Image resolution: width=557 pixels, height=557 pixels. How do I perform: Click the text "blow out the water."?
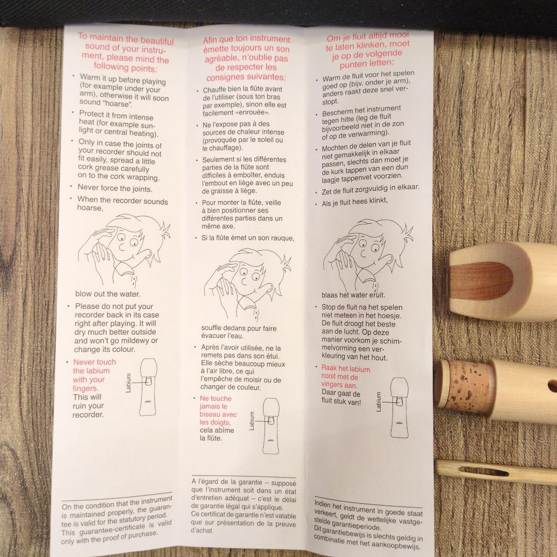[x=108, y=294]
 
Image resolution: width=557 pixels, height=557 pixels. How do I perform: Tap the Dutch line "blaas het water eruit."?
[x=353, y=295]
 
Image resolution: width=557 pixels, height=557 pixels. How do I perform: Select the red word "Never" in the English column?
[x=83, y=362]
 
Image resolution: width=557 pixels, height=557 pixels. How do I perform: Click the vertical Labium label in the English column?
[x=128, y=383]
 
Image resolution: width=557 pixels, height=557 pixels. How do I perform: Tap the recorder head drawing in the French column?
[x=271, y=426]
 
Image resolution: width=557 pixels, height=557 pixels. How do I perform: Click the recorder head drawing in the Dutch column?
[x=399, y=407]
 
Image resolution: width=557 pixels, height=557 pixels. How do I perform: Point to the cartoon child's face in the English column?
[x=128, y=245]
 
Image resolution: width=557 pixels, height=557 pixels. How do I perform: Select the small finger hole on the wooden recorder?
[x=552, y=385]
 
